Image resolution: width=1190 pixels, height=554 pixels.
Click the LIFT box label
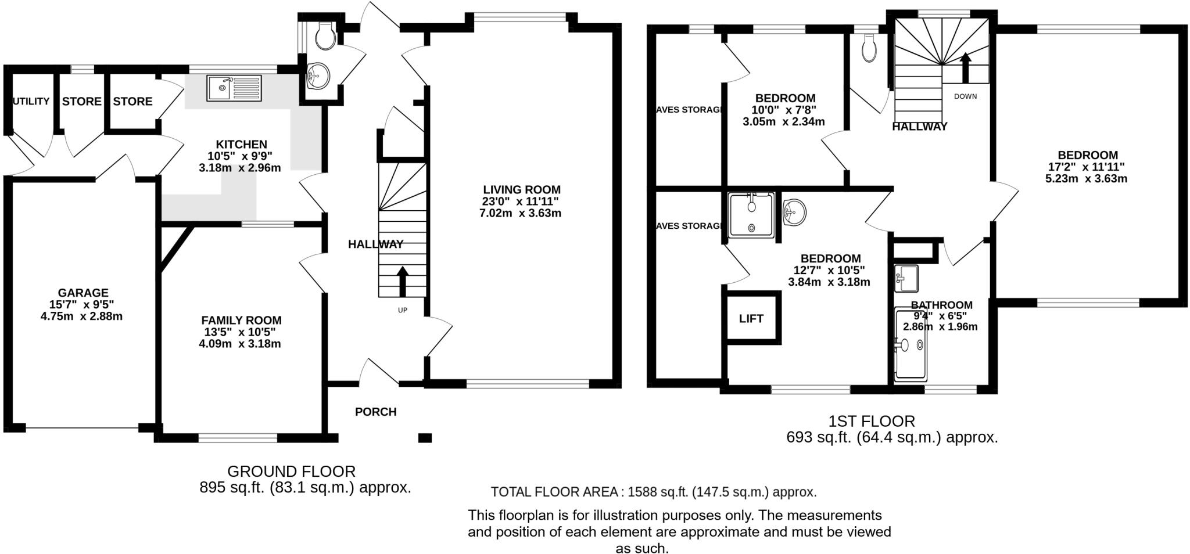click(751, 318)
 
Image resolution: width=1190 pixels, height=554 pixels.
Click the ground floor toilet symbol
click(324, 36)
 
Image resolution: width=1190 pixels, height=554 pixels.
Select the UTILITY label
click(31, 102)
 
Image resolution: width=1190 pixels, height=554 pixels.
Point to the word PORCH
click(375, 412)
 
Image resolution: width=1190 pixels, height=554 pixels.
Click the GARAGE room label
click(83, 293)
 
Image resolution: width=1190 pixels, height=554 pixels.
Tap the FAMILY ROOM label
click(241, 320)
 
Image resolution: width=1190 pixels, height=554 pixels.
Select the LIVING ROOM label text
click(522, 189)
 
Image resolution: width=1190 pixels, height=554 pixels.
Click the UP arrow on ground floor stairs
click(402, 280)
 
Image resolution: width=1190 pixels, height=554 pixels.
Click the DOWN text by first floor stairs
click(965, 96)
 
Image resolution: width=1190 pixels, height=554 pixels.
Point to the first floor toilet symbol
click(869, 48)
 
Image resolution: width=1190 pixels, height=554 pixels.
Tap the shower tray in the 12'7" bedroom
click(751, 215)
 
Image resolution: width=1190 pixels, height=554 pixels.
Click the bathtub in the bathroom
click(911, 345)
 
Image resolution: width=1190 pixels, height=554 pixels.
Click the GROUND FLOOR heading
click(291, 471)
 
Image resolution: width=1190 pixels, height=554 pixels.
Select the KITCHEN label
click(241, 144)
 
